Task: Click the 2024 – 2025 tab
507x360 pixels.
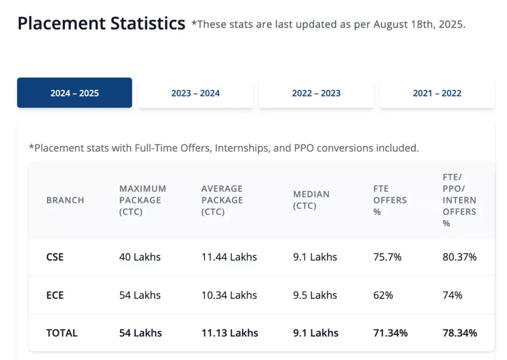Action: pos(74,93)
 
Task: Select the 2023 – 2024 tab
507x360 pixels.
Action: pos(196,93)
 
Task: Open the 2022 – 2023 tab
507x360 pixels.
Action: pos(316,93)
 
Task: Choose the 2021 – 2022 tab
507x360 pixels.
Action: pos(437,93)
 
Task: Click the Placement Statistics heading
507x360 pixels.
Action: pos(101,23)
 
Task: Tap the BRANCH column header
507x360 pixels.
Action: pos(65,200)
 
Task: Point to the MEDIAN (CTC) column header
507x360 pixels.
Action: pos(311,200)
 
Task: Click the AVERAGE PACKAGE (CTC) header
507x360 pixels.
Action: pos(222,200)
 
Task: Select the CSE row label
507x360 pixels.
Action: pos(55,257)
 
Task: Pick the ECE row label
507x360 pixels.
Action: pos(55,295)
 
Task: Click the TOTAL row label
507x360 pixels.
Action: pos(62,333)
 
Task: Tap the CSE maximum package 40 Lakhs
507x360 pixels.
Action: pos(140,257)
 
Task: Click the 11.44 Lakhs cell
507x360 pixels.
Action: pos(229,257)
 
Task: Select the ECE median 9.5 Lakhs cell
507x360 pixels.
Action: pos(315,295)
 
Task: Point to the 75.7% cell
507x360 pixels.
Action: pos(387,257)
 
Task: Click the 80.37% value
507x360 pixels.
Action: pos(459,257)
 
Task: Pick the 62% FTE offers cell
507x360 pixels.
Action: pos(383,295)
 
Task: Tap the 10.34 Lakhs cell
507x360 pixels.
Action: pos(229,295)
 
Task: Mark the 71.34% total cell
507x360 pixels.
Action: pos(390,333)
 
